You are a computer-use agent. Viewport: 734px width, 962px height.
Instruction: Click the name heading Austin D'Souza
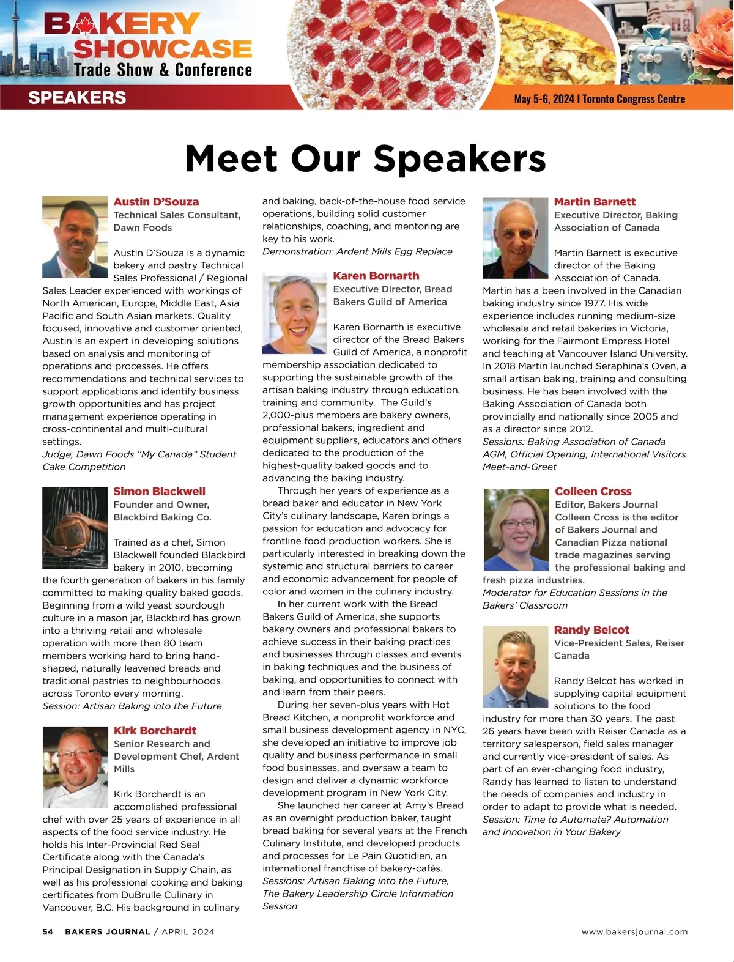click(x=156, y=202)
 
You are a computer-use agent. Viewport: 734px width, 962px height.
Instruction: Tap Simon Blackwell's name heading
click(x=159, y=492)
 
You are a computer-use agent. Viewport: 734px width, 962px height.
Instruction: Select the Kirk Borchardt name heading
click(x=155, y=731)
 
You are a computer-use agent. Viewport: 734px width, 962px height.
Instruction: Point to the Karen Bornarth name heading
click(x=376, y=276)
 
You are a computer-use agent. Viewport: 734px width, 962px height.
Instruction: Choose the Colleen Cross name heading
click(x=593, y=492)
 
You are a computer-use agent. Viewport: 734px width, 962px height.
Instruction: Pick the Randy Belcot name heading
click(x=591, y=630)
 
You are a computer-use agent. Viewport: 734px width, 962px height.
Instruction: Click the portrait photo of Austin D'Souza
click(x=75, y=237)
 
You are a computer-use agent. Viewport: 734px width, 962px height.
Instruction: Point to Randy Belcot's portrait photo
click(x=515, y=667)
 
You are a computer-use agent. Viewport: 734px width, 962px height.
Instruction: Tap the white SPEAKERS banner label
click(x=77, y=98)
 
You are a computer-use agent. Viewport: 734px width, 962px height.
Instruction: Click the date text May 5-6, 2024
click(x=544, y=99)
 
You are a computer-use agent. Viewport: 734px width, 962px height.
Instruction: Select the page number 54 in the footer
click(x=48, y=932)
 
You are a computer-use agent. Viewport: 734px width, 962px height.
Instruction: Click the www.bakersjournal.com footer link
click(x=634, y=932)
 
